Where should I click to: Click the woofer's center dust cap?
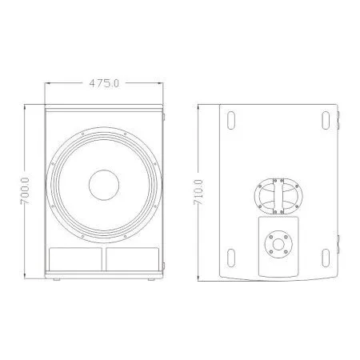[x=104, y=185]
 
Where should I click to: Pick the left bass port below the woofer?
[x=74, y=258]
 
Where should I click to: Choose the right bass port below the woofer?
[x=134, y=258]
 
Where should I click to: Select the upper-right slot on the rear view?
[x=327, y=122]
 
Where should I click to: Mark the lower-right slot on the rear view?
[x=327, y=257]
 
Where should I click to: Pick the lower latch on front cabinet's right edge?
[x=166, y=262]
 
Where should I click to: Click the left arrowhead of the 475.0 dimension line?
[x=46, y=82]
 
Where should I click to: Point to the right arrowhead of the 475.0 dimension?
[x=162, y=82]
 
